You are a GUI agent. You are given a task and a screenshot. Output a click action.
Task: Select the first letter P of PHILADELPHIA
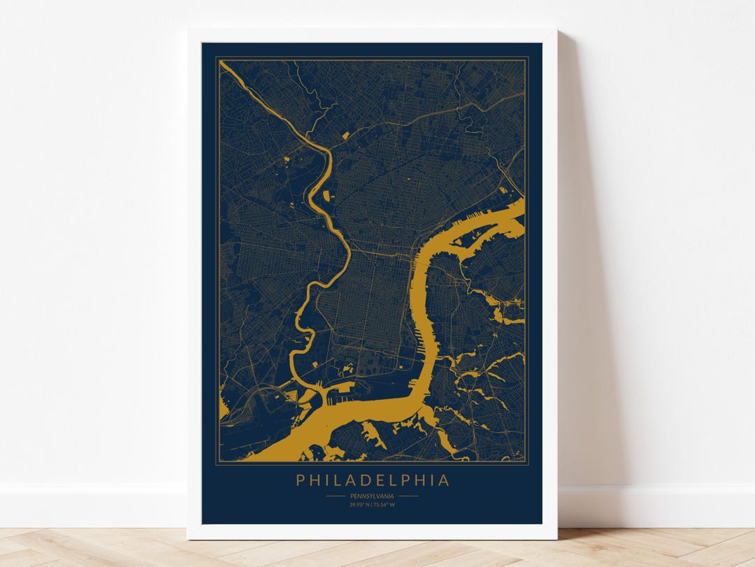tap(300, 480)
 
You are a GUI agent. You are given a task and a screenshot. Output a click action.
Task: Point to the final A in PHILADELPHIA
tap(445, 480)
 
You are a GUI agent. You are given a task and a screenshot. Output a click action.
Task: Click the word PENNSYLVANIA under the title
tap(372, 496)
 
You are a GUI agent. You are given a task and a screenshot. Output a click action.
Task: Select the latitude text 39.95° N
tap(360, 504)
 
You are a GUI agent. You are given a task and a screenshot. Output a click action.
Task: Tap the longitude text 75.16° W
tap(384, 504)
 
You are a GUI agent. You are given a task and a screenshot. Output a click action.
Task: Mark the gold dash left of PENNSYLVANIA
tap(336, 496)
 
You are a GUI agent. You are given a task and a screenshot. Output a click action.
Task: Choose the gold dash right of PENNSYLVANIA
tap(408, 496)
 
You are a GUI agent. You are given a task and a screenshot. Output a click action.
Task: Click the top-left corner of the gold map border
tap(217, 58)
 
